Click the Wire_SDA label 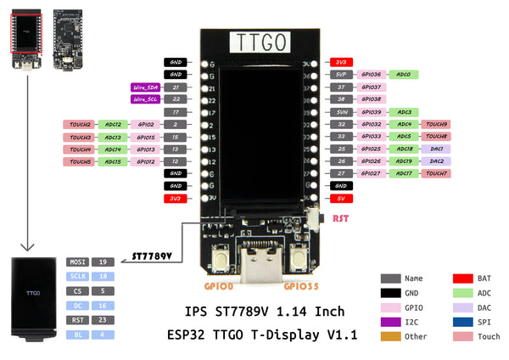[x=145, y=87]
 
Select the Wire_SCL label [x=145, y=99]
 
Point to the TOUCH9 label [x=436, y=124]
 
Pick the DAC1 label [x=436, y=149]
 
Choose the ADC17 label [x=404, y=173]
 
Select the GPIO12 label [x=145, y=161]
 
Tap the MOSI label [x=76, y=262]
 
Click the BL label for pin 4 [x=76, y=335]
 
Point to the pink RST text [x=340, y=218]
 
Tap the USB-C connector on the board [x=256, y=264]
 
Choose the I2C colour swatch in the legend [x=390, y=321]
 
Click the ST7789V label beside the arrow [x=153, y=256]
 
